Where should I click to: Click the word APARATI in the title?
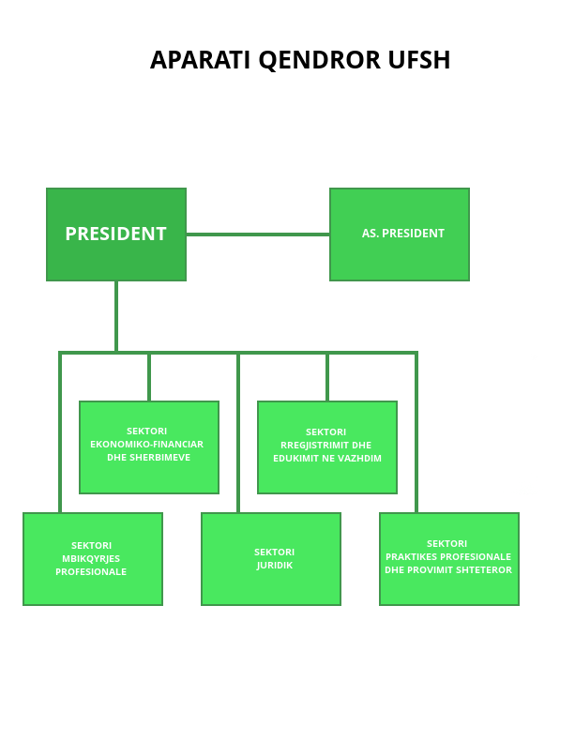pyautogui.click(x=200, y=60)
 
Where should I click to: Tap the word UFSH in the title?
pyautogui.click(x=419, y=60)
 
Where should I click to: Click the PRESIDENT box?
pyautogui.click(x=116, y=235)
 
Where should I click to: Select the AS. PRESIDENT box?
pyautogui.click(x=400, y=235)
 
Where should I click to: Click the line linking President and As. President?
pyautogui.click(x=258, y=235)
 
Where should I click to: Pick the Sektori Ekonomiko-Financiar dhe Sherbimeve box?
pyautogui.click(x=149, y=447)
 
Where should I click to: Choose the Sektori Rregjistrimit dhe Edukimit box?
pyautogui.click(x=327, y=447)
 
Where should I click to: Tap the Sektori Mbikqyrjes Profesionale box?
pyautogui.click(x=93, y=559)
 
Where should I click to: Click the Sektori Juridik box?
pyautogui.click(x=271, y=559)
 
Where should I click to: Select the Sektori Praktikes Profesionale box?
pyautogui.click(x=449, y=559)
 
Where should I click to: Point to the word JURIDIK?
pyautogui.click(x=275, y=566)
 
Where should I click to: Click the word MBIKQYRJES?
pyautogui.click(x=91, y=559)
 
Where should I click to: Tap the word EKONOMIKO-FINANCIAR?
pyautogui.click(x=146, y=445)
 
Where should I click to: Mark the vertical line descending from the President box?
pyautogui.click(x=116, y=316)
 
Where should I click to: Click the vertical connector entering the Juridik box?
pyautogui.click(x=238, y=432)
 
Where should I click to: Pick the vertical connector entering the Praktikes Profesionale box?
pyautogui.click(x=416, y=432)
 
